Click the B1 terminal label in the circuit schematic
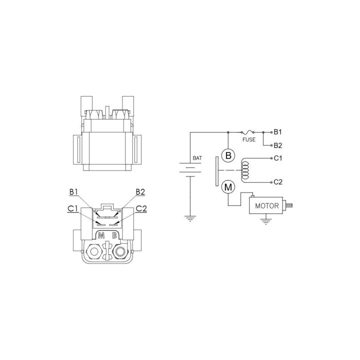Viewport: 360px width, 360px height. (x=277, y=132)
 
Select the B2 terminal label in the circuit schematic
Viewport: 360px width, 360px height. (x=278, y=145)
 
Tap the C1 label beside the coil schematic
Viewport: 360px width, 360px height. (x=278, y=158)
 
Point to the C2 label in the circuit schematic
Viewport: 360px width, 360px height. (x=278, y=182)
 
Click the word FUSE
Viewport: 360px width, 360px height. (x=249, y=139)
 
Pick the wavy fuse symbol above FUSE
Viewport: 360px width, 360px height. (x=247, y=132)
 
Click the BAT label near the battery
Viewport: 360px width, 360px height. (x=197, y=158)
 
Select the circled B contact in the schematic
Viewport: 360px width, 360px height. (x=228, y=155)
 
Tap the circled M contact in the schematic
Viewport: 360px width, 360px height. (x=228, y=187)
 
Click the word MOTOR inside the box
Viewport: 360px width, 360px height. (x=267, y=205)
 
